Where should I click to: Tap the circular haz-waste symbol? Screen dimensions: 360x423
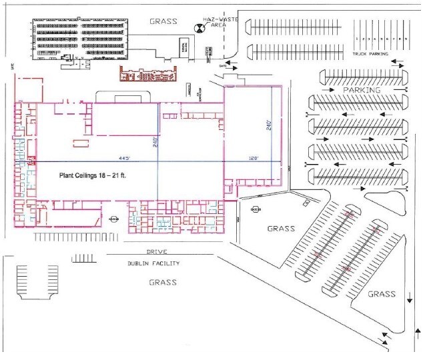(x=198, y=28)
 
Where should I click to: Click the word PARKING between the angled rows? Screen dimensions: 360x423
(x=361, y=89)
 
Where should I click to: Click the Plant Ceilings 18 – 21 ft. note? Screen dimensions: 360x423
(x=91, y=175)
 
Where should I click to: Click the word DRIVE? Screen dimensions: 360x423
(x=156, y=252)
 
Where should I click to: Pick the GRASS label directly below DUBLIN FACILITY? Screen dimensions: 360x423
(x=163, y=282)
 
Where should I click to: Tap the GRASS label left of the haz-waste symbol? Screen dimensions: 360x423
(x=163, y=21)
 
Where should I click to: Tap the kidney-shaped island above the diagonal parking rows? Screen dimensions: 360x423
(x=386, y=196)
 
